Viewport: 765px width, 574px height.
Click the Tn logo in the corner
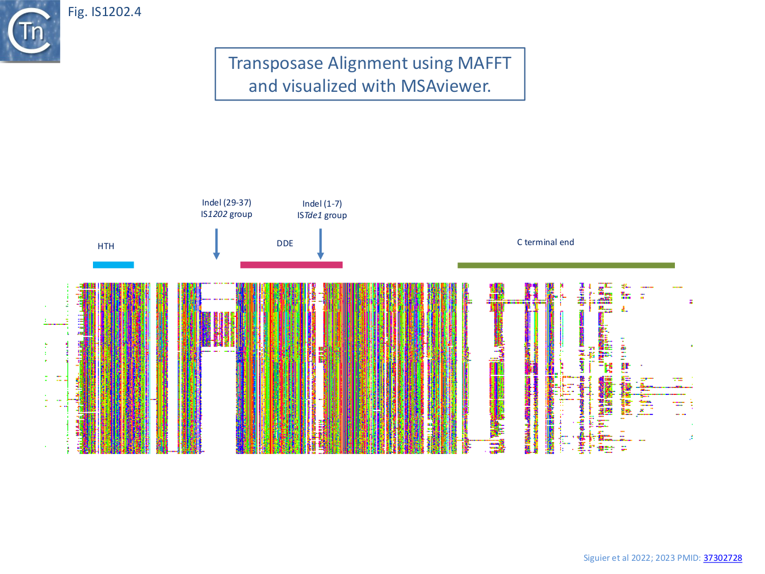(x=30, y=31)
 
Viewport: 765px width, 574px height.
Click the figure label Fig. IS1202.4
(x=104, y=12)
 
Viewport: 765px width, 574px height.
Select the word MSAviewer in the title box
(x=445, y=86)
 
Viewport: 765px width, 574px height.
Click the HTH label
(x=106, y=246)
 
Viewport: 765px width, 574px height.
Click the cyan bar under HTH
(x=113, y=265)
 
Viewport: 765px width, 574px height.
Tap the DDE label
(x=285, y=243)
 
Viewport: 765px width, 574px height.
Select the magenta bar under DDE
(x=291, y=265)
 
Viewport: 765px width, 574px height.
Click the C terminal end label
(x=545, y=242)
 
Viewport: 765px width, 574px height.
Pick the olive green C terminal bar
(x=566, y=265)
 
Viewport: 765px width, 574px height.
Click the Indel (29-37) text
(x=227, y=203)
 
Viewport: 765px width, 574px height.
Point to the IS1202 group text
(x=227, y=214)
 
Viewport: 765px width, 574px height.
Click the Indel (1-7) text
(x=322, y=204)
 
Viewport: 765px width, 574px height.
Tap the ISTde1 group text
(x=322, y=215)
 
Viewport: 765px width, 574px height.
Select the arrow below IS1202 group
(x=216, y=245)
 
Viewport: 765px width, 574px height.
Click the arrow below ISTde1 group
(x=320, y=245)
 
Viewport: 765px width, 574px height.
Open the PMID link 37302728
(x=723, y=558)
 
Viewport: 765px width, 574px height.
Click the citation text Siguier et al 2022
(x=617, y=558)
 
